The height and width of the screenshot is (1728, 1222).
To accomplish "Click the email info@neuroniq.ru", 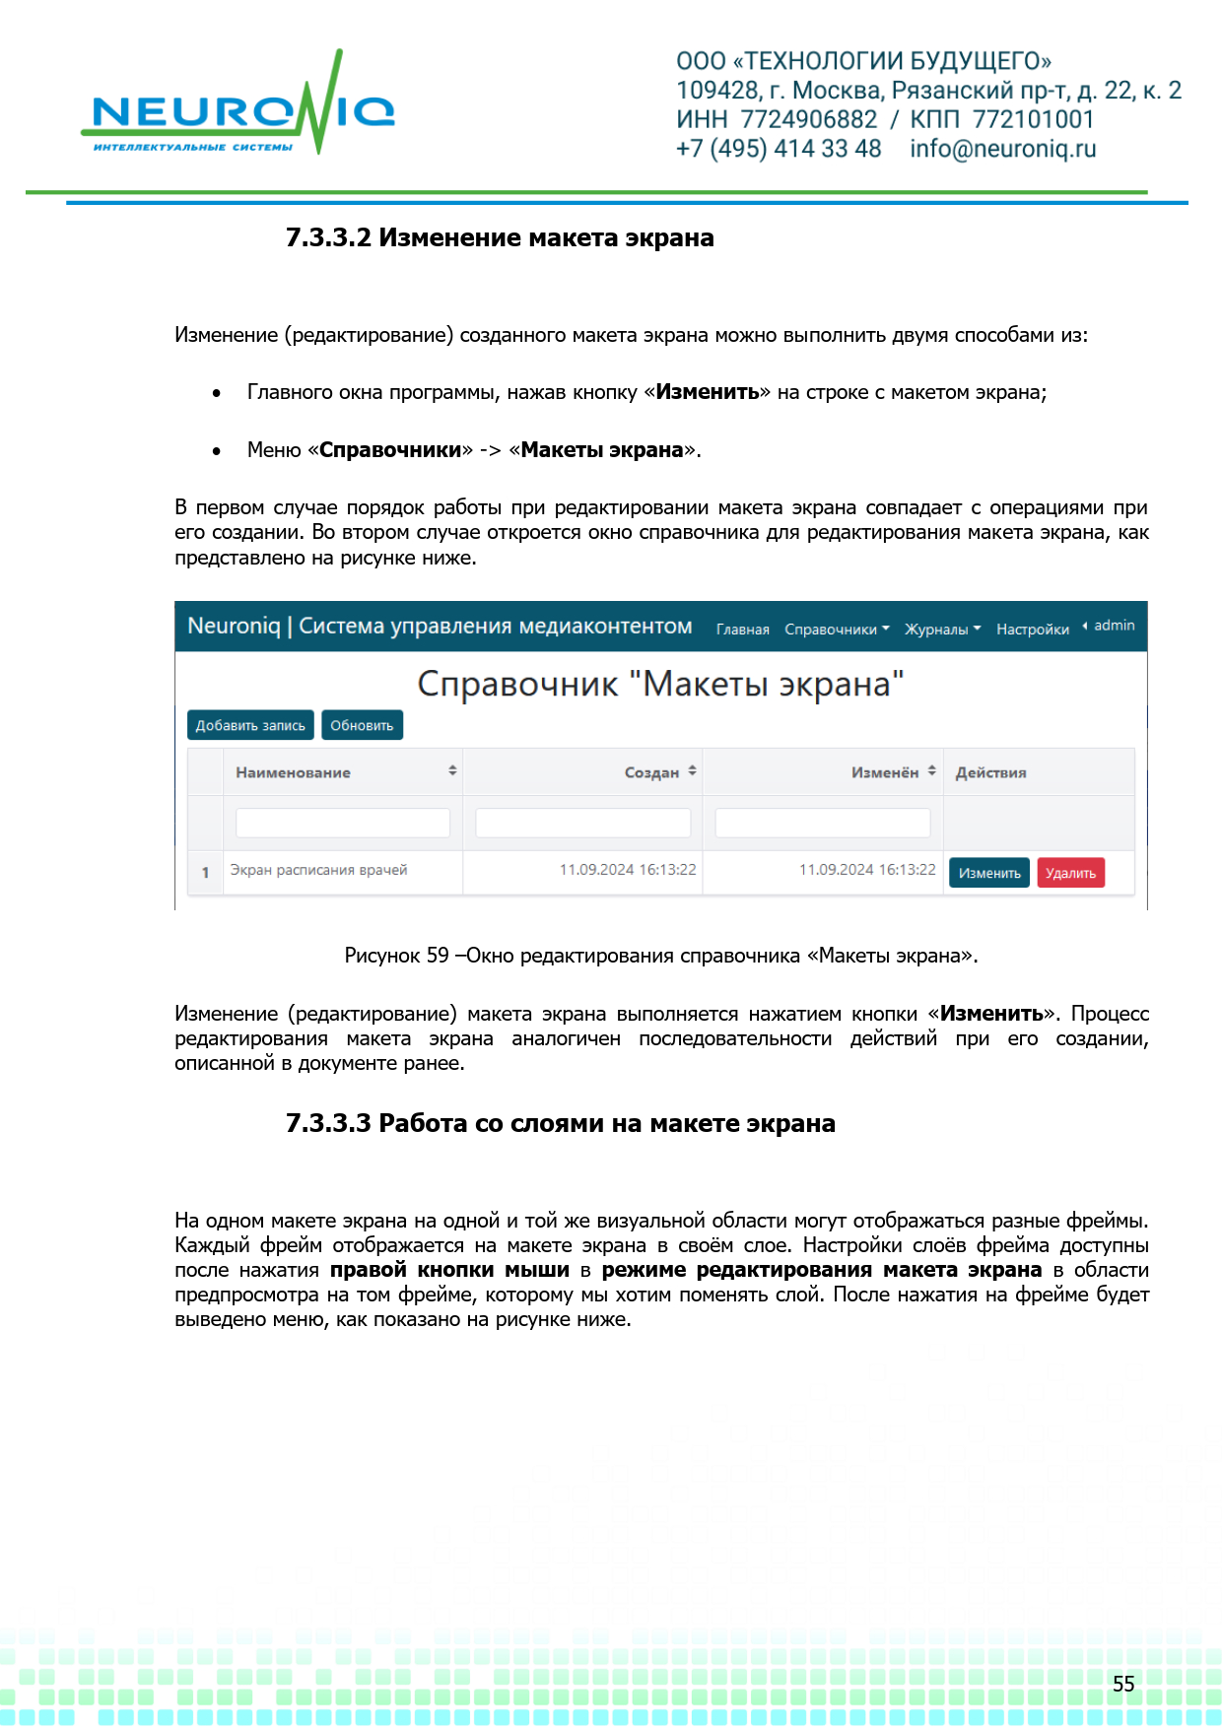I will tap(1002, 149).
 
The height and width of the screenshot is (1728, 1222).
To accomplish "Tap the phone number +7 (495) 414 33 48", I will tap(778, 149).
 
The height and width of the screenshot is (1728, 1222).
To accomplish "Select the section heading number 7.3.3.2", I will tap(328, 238).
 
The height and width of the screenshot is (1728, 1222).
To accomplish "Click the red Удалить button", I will tap(1070, 873).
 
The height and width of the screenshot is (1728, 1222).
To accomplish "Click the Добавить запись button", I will tap(250, 725).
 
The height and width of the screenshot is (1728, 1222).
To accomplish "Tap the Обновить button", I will tap(362, 725).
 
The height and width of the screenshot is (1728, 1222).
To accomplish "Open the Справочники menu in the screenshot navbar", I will tap(836, 630).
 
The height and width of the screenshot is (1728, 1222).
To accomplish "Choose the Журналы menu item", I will tap(942, 630).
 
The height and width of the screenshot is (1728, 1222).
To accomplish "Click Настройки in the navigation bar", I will tap(1032, 630).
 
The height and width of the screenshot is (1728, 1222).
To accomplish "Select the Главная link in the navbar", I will tap(742, 630).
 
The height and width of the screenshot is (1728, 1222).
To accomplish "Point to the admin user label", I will tap(1114, 626).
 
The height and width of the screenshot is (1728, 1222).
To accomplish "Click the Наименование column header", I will tap(293, 773).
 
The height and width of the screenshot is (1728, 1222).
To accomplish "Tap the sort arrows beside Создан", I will tap(693, 771).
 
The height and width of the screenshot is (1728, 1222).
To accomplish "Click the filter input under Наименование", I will tap(342, 823).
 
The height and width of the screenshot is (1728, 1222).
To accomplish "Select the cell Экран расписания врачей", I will tap(318, 870).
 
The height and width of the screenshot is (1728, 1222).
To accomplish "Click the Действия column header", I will tap(990, 773).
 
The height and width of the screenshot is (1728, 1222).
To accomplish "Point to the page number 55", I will tap(1123, 1684).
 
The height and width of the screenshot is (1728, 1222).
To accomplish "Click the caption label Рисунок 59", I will tap(396, 956).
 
